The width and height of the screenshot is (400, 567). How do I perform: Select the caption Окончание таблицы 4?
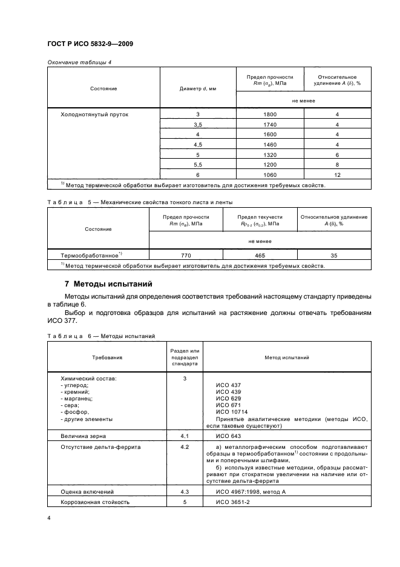point(79,62)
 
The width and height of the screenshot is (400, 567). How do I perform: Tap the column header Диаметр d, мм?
point(198,88)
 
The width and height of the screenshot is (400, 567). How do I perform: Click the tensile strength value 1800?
point(270,114)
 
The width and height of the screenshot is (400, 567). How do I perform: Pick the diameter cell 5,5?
point(198,164)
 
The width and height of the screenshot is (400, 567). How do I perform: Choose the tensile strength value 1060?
point(270,174)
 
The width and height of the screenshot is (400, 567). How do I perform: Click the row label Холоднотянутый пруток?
point(94,114)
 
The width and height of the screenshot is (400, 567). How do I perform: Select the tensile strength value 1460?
point(270,144)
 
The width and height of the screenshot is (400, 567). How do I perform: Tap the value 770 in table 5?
point(186,256)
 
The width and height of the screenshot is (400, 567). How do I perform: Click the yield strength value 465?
point(260,256)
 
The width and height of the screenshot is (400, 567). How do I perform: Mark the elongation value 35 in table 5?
point(333,256)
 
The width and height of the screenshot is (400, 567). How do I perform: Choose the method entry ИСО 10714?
point(232,412)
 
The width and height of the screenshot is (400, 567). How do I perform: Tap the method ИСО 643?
point(228,436)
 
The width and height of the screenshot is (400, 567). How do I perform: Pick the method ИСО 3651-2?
point(232,502)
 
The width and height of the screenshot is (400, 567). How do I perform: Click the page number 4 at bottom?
point(49,518)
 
